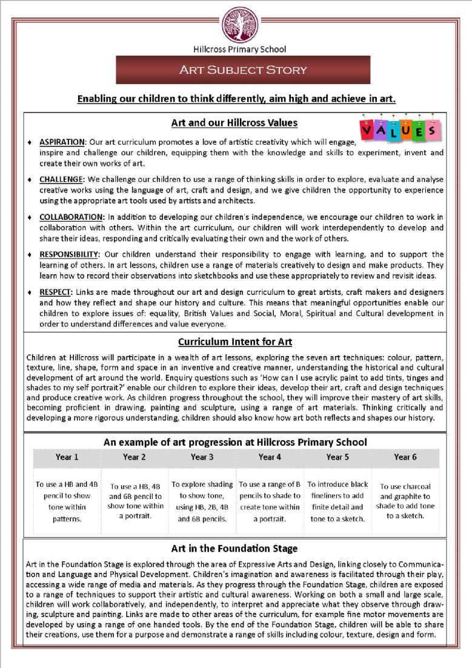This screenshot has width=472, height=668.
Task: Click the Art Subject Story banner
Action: point(243,70)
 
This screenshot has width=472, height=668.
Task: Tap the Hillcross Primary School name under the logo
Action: point(239,49)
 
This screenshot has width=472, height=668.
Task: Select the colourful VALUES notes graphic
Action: point(398,129)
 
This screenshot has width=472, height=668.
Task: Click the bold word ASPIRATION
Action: point(63,142)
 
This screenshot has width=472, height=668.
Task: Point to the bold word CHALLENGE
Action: point(61,179)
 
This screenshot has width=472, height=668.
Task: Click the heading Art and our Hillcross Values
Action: point(234,123)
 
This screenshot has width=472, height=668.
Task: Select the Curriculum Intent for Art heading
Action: point(235,342)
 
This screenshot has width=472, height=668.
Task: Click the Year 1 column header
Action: point(67,457)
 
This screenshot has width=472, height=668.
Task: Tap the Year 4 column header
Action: point(270,457)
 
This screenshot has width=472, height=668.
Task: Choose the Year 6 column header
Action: point(405,457)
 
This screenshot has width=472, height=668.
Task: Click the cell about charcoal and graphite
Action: point(405,501)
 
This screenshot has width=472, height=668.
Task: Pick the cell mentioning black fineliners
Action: point(337,501)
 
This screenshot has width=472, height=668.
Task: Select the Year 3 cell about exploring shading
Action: point(202,501)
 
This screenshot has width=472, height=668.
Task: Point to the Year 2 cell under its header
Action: point(135,501)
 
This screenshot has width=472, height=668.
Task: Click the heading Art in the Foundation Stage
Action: point(234,549)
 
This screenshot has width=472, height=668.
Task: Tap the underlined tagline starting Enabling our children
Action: point(236,99)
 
